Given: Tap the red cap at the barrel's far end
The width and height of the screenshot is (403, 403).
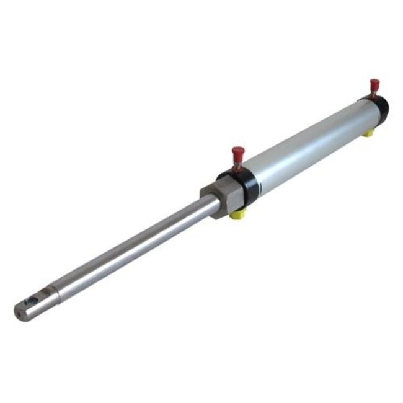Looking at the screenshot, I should (x=374, y=84).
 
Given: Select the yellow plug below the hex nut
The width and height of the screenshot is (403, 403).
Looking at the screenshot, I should (x=236, y=214).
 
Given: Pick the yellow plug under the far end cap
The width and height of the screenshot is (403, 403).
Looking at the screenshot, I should (x=368, y=132).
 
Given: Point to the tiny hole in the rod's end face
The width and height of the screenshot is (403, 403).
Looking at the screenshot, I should (x=19, y=312).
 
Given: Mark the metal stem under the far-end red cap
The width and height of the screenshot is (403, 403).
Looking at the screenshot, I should (x=374, y=94).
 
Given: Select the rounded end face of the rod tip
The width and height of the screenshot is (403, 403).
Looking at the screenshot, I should (x=19, y=312).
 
